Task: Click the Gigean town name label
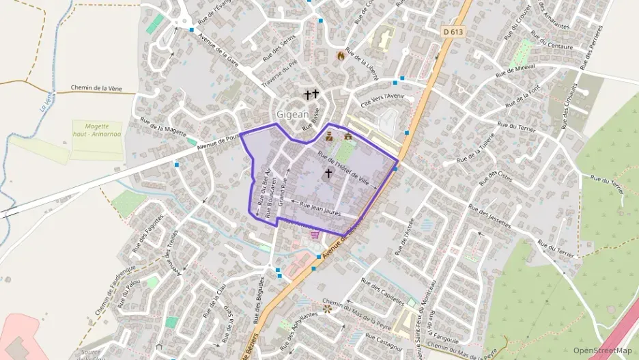[x=293, y=115]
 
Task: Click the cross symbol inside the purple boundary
[x=328, y=174]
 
